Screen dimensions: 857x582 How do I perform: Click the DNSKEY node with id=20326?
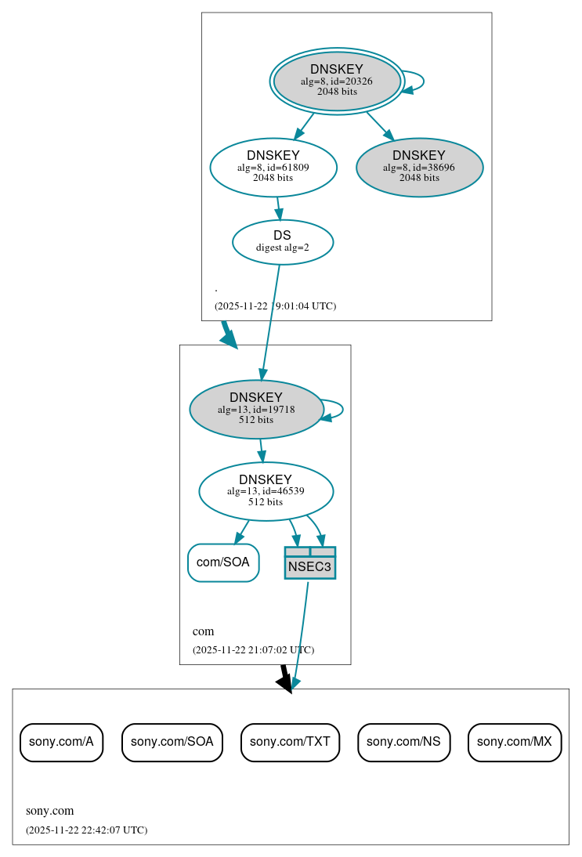pyautogui.click(x=337, y=81)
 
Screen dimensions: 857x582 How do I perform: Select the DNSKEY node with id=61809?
pyautogui.click(x=273, y=167)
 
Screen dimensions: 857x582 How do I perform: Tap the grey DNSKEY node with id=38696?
pyautogui.click(x=419, y=167)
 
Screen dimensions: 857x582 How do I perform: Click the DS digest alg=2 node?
pyautogui.click(x=283, y=242)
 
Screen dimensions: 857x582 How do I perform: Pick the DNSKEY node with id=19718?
pyautogui.click(x=256, y=409)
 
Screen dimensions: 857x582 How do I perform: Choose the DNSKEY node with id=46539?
pyautogui.click(x=266, y=491)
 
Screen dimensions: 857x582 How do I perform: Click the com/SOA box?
pyautogui.click(x=223, y=562)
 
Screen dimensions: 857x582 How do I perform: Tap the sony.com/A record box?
pyautogui.click(x=61, y=742)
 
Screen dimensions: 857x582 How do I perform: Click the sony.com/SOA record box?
pyautogui.click(x=172, y=742)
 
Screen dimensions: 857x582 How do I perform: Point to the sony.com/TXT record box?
pyautogui.click(x=290, y=742)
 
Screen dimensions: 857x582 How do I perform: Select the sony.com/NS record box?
pyautogui.click(x=403, y=742)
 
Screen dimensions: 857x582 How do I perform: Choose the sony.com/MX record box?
pyautogui.click(x=515, y=742)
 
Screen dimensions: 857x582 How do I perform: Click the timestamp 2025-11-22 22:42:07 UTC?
pyautogui.click(x=86, y=830)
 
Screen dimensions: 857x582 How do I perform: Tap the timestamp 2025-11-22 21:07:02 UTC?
pyautogui.click(x=253, y=649)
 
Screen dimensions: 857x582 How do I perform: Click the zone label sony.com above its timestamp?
pyautogui.click(x=49, y=811)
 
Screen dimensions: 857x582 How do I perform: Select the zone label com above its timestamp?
pyautogui.click(x=203, y=631)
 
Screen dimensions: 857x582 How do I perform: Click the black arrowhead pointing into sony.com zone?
pyautogui.click(x=285, y=683)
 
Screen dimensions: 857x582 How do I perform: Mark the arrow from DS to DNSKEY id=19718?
pyautogui.click(x=270, y=321)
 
